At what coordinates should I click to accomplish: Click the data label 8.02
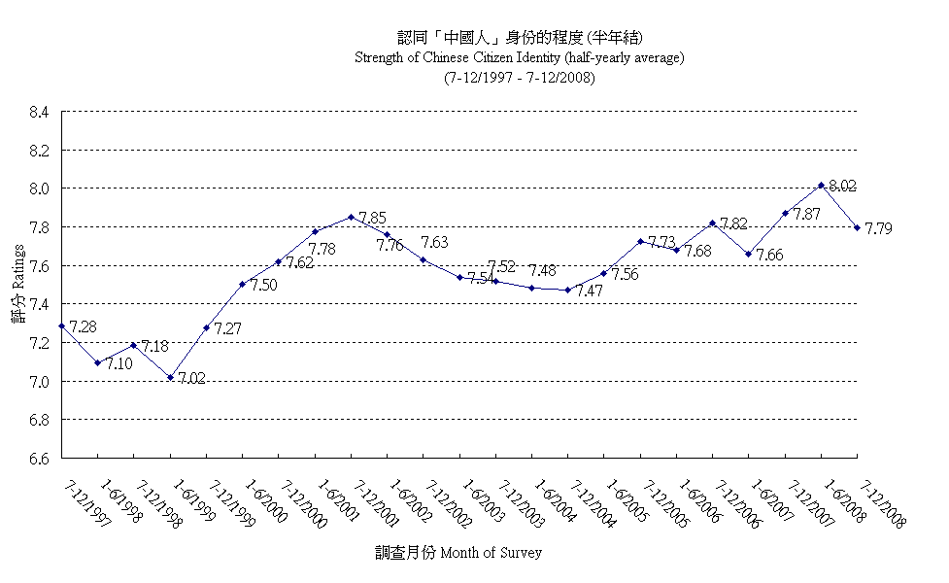[x=843, y=185]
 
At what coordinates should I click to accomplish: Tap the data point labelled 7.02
[x=170, y=377]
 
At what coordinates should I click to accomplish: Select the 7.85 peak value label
[x=373, y=218]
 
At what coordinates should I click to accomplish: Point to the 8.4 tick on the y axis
[x=39, y=112]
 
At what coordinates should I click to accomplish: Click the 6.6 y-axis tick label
[x=39, y=458]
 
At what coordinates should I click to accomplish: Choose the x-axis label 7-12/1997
[x=87, y=502]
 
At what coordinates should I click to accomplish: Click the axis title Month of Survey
[x=458, y=553]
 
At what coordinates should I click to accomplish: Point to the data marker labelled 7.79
[x=857, y=227]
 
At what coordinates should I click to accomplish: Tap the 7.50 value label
[x=264, y=285]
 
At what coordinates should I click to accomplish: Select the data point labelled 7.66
[x=749, y=254]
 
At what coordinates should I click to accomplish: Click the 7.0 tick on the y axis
[x=39, y=381]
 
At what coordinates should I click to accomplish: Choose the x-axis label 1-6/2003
[x=484, y=502]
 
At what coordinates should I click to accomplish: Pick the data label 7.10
[x=119, y=363]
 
